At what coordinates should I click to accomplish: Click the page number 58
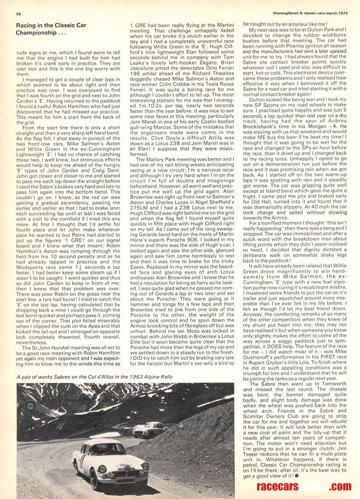[x=18, y=14]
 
